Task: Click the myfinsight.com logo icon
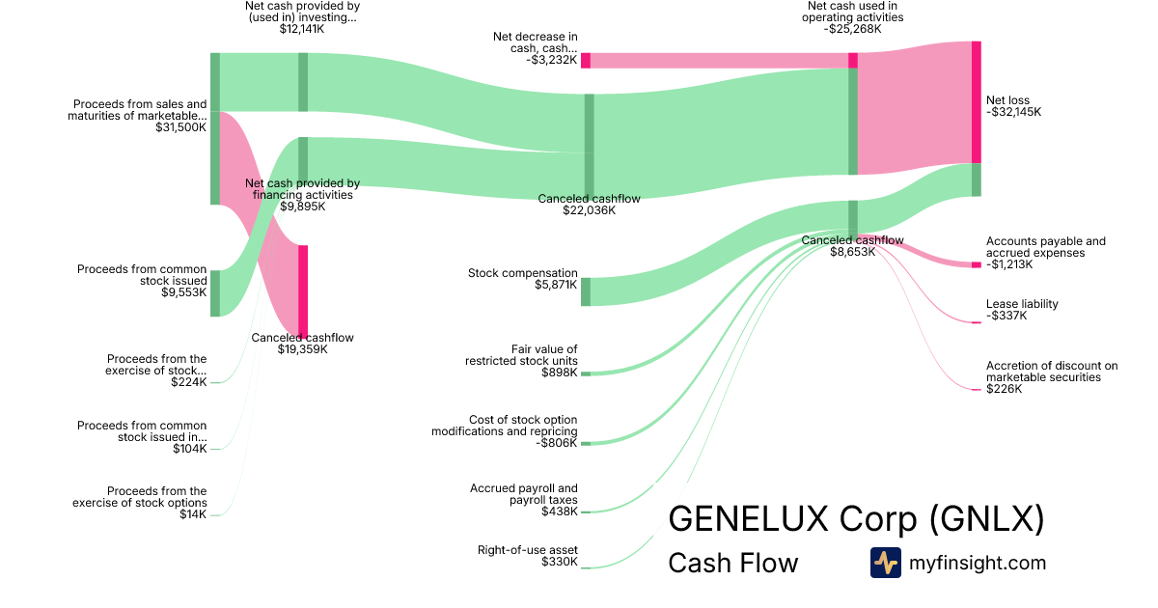[x=885, y=563]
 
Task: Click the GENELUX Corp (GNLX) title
[x=856, y=519]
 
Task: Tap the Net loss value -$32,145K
[x=1013, y=112]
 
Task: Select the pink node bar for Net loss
[x=976, y=102]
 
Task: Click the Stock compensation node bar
[x=586, y=291]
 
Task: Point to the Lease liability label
[x=1022, y=304]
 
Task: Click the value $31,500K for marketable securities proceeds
[x=180, y=127]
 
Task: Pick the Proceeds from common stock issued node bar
[x=215, y=293]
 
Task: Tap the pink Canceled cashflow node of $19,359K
[x=303, y=290]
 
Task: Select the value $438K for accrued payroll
[x=559, y=511]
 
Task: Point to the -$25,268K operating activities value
[x=852, y=29]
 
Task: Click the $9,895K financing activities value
[x=302, y=206]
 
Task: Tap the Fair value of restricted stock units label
[x=521, y=355]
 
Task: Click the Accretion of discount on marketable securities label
[x=1051, y=372]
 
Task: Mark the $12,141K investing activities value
[x=302, y=29]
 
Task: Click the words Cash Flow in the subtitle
[x=732, y=564]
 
